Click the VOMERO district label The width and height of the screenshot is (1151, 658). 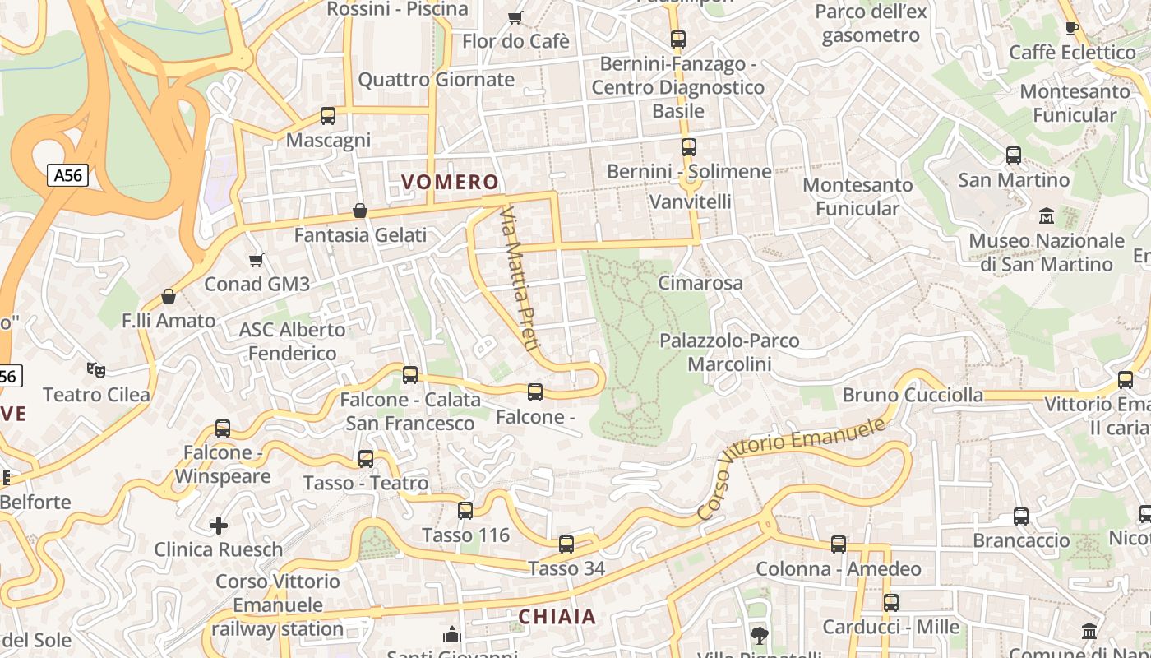pos(450,182)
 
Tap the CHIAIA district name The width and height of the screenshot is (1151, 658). pos(557,616)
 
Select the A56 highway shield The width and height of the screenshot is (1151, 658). pos(67,175)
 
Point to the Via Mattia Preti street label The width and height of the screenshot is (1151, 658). pos(519,279)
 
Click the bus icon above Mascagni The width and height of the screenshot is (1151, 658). pos(328,116)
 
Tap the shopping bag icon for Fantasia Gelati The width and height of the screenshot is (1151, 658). pos(359,211)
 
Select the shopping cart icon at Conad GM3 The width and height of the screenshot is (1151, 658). pos(256,260)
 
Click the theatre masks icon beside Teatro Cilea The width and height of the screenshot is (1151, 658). pos(96,370)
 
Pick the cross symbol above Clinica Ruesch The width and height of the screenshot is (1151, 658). pos(219,525)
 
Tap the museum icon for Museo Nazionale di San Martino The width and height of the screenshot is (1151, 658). pos(1047,216)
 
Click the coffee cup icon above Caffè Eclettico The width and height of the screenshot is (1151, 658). pos(1071,28)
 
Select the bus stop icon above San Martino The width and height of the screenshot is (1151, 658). pos(1014,155)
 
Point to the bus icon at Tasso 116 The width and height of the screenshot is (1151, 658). pos(465,511)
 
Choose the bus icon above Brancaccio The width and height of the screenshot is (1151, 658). pos(1020,517)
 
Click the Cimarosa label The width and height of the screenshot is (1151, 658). pos(700,283)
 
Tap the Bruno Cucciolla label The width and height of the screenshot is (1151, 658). pos(913,395)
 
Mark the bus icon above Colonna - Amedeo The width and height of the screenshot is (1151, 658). pos(838,544)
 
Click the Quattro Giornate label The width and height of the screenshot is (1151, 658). pos(436,80)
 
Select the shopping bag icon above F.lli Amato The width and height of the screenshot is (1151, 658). pos(169,296)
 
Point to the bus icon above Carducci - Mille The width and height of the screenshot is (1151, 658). pos(890,603)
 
